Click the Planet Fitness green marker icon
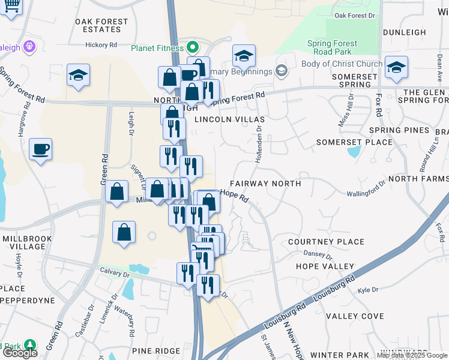(x=193, y=46)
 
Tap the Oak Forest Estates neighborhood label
(x=102, y=25)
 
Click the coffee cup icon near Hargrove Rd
(x=41, y=149)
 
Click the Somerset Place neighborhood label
(x=354, y=142)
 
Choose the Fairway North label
(x=265, y=184)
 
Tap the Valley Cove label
(x=355, y=316)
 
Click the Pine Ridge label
(x=156, y=350)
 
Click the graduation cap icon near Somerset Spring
(x=396, y=68)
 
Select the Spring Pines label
(x=399, y=130)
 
